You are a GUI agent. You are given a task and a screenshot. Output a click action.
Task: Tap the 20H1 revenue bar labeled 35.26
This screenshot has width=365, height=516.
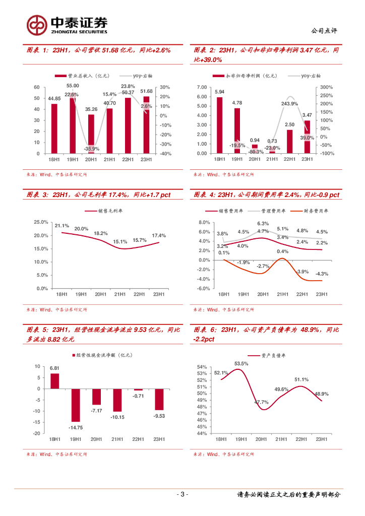point(91,134)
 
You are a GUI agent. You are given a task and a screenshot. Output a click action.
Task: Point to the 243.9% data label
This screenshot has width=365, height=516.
point(289,103)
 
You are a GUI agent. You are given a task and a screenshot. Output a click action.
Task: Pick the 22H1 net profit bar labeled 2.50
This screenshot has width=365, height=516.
point(290,142)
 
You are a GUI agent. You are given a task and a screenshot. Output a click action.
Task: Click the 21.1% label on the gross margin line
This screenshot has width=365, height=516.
point(62,226)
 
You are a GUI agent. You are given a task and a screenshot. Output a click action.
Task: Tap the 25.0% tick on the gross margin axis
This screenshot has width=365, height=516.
point(40,222)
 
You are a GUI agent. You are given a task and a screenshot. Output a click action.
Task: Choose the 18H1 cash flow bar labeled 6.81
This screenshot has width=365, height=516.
point(54,381)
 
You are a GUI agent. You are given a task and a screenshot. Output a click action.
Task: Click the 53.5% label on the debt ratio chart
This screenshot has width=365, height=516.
point(241,363)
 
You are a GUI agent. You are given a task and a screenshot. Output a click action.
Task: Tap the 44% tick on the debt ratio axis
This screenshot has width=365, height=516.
point(202,433)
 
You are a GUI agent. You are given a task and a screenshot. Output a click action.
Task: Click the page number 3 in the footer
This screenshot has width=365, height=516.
point(183,494)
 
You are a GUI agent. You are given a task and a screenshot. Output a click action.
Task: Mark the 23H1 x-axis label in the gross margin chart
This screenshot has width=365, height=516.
point(159,294)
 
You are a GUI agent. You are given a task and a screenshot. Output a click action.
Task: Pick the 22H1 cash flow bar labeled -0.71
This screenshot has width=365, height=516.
point(138,390)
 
